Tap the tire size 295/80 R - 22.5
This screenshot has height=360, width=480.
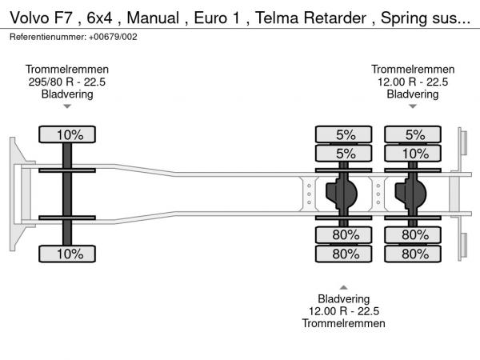(x=67, y=82)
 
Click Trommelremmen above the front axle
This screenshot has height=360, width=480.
(x=67, y=70)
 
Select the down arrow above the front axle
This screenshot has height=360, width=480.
(x=67, y=106)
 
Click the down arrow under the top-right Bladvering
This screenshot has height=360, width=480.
(x=413, y=106)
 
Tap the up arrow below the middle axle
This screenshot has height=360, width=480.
(x=344, y=286)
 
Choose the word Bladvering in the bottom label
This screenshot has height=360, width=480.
(x=344, y=298)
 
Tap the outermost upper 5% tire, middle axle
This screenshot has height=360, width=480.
(x=344, y=134)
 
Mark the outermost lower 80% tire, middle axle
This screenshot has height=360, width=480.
(x=344, y=254)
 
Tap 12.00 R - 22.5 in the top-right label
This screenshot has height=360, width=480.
(x=413, y=82)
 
